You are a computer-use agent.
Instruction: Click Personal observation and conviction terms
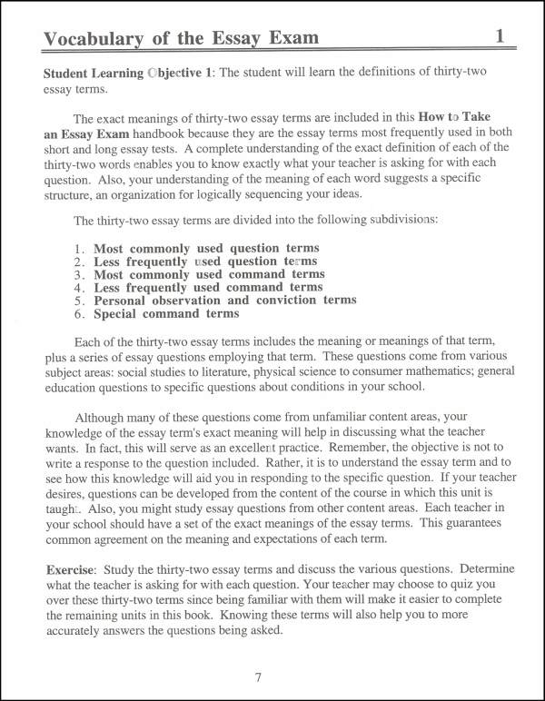[x=225, y=300]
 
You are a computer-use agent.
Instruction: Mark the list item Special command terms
[x=166, y=313]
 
